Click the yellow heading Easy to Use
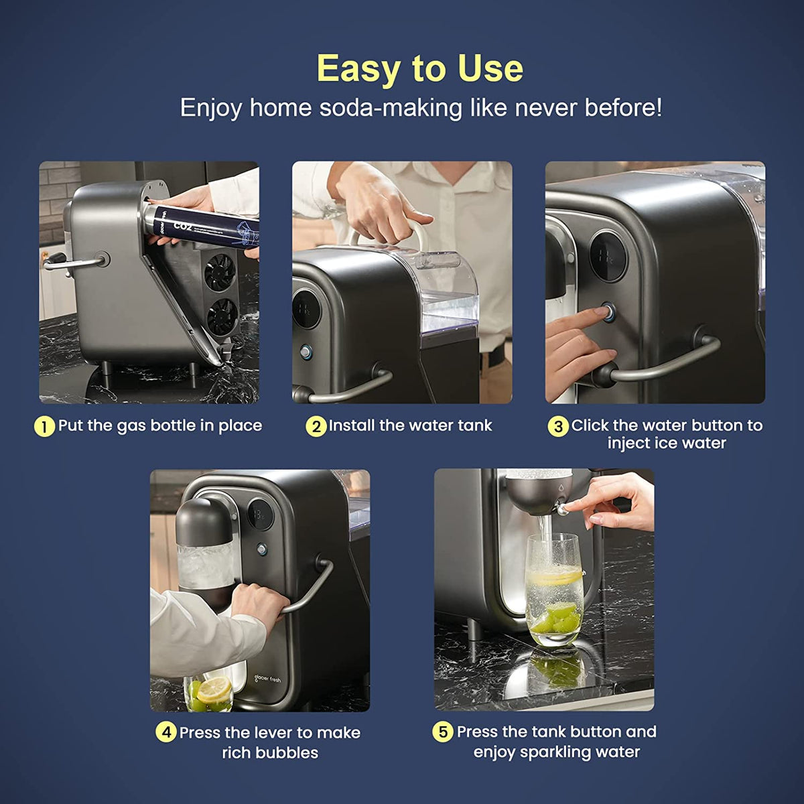[x=419, y=68]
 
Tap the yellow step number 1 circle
[x=44, y=427]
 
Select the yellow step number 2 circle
[x=316, y=427]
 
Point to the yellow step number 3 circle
[x=557, y=427]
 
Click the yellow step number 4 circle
[x=166, y=732]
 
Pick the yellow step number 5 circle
[x=443, y=732]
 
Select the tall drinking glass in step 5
[x=553, y=590]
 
